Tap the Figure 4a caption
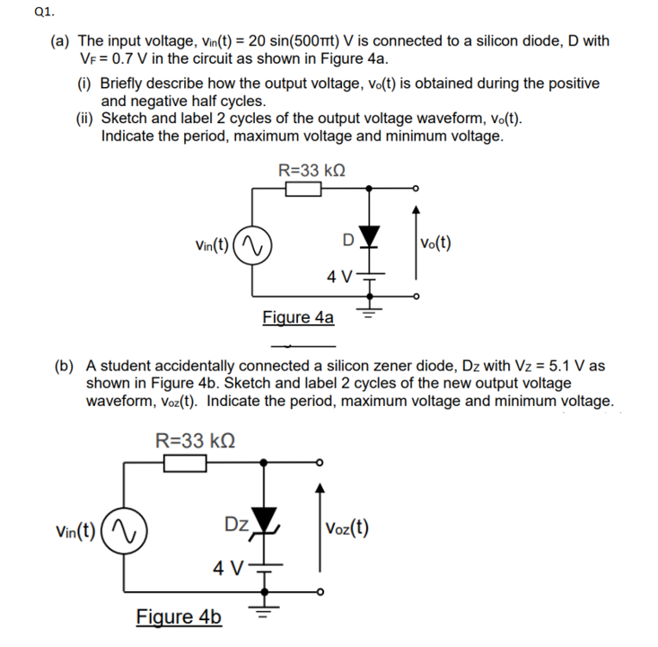tap(298, 317)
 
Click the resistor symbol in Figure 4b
tap(186, 462)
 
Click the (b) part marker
tap(64, 367)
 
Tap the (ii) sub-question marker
tap(85, 119)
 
